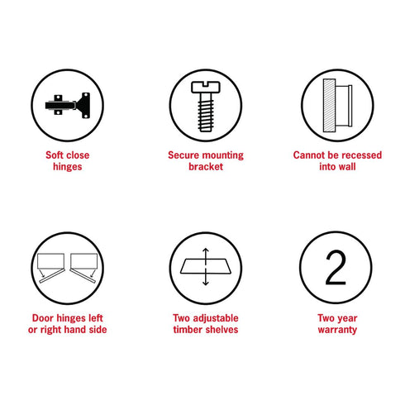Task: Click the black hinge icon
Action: (x=68, y=106)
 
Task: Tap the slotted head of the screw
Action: (x=206, y=87)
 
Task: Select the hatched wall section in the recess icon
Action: (x=329, y=105)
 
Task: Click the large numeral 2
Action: (x=336, y=267)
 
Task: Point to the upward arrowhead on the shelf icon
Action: (x=206, y=250)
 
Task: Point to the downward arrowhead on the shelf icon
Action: (x=206, y=283)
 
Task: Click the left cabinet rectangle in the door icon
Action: (x=50, y=261)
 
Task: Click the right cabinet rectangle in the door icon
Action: (x=84, y=261)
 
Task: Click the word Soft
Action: (x=55, y=155)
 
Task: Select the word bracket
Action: (x=206, y=167)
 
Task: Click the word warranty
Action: (x=337, y=330)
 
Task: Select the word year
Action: (x=347, y=319)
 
